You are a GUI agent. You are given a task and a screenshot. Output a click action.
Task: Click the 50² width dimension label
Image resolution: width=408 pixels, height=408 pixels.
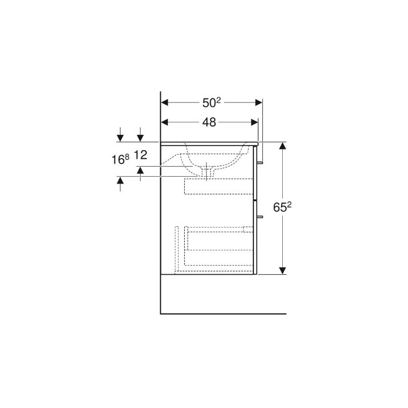pos(211,103)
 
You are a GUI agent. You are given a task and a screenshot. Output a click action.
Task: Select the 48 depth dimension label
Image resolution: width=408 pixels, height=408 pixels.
pos(209,122)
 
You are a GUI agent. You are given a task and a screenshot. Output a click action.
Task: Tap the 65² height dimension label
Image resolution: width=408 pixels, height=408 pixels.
pos(282,207)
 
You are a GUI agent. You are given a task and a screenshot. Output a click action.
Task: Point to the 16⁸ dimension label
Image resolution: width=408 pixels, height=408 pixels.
pos(120,159)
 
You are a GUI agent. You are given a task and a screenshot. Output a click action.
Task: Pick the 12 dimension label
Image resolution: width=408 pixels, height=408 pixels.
pos(141,155)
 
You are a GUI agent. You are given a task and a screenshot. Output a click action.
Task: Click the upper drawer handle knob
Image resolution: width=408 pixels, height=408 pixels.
pos(260,162)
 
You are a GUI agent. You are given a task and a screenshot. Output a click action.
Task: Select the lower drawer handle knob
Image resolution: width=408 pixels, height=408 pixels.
pos(260,216)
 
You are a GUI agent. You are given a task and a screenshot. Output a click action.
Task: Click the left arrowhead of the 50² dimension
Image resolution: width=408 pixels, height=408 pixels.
pos(165,103)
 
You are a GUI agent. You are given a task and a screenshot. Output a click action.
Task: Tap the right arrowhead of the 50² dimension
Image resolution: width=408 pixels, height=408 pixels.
pos(258,103)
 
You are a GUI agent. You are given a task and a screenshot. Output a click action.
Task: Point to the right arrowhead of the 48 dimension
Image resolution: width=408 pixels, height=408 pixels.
pos(254,122)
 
